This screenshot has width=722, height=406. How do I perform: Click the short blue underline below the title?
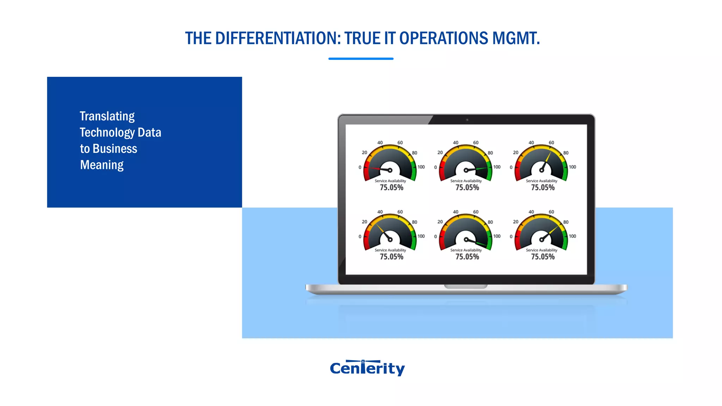(361, 59)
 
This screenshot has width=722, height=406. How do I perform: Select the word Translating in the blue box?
(107, 116)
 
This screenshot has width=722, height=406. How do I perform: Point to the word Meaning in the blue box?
(102, 165)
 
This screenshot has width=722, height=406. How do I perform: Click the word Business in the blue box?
(115, 149)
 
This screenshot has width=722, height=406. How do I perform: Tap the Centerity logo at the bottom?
(367, 368)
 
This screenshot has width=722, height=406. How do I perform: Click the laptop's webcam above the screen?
(467, 120)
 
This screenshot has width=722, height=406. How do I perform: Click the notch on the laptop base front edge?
(466, 287)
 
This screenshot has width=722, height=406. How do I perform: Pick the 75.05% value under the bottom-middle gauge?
(467, 257)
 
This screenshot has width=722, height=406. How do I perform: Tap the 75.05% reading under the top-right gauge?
(543, 188)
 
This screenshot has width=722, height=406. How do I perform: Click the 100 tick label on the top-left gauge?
(421, 167)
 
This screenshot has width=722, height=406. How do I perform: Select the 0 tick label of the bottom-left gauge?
(360, 236)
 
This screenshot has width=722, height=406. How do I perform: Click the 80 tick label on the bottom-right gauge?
(566, 222)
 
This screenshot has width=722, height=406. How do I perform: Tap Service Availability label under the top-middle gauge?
(466, 181)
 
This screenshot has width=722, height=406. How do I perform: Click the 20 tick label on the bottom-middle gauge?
(440, 222)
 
